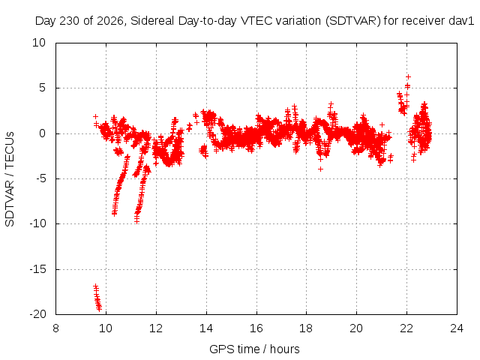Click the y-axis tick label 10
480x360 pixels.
click(39, 43)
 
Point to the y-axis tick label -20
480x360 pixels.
click(37, 314)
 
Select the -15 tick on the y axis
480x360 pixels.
click(37, 269)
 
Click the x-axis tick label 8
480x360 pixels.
click(55, 328)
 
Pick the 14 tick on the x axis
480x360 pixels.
click(206, 328)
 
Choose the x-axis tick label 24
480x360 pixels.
click(457, 328)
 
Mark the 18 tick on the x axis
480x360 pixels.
click(306, 328)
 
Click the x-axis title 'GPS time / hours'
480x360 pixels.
click(254, 349)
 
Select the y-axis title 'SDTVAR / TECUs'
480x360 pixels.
click(10, 179)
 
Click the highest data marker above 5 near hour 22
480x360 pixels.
click(408, 76)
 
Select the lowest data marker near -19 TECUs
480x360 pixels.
click(99, 309)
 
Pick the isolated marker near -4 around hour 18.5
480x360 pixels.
click(320, 169)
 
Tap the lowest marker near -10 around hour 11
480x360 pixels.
click(136, 221)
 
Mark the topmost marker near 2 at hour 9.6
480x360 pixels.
click(95, 117)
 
